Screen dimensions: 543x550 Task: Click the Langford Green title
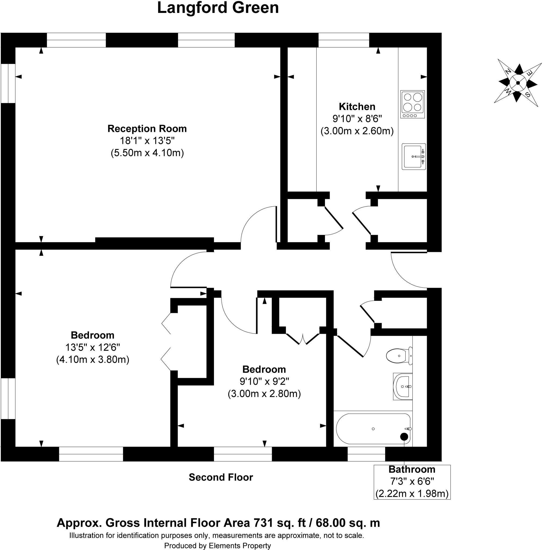pyautogui.click(x=218, y=8)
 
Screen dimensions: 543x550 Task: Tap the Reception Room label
pyautogui.click(x=147, y=129)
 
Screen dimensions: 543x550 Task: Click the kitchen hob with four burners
pyautogui.click(x=412, y=104)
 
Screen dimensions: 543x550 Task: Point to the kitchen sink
pyautogui.click(x=414, y=157)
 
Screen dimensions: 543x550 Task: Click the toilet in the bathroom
pyautogui.click(x=399, y=356)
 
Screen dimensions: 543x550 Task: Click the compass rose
pyautogui.click(x=518, y=83)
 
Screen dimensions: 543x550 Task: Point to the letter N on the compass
pyautogui.click(x=508, y=71)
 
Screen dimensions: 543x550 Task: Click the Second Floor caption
pyautogui.click(x=221, y=477)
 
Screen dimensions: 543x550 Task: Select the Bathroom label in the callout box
pyautogui.click(x=412, y=469)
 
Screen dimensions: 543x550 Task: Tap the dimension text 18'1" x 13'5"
pyautogui.click(x=147, y=141)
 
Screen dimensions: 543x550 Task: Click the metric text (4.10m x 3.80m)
pyautogui.click(x=92, y=360)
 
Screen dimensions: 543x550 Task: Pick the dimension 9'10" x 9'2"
pyautogui.click(x=264, y=381)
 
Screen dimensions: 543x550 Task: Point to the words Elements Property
pyautogui.click(x=240, y=545)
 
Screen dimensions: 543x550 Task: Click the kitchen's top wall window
pyautogui.click(x=344, y=40)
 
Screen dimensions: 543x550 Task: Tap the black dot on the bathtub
pyautogui.click(x=404, y=436)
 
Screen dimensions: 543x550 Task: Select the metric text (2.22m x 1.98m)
pyautogui.click(x=412, y=494)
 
